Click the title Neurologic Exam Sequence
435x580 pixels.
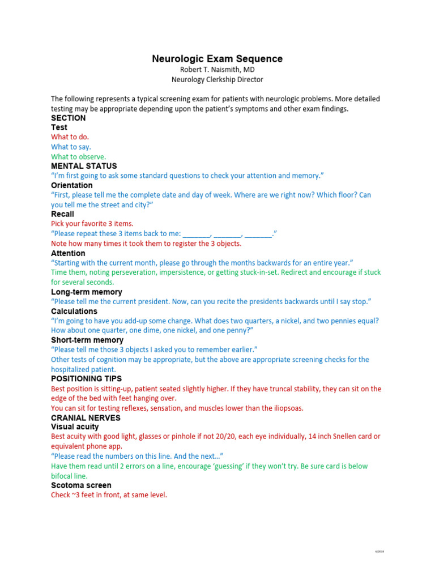click(x=217, y=59)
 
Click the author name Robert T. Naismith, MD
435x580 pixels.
click(x=217, y=70)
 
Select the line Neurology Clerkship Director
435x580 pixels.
click(x=217, y=80)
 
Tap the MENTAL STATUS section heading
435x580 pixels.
click(x=84, y=166)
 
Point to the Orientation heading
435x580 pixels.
click(x=71, y=185)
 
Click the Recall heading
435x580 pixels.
click(x=62, y=214)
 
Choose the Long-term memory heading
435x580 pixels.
click(x=86, y=292)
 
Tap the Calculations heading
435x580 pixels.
click(x=74, y=311)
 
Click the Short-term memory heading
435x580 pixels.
click(x=87, y=340)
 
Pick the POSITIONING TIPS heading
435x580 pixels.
click(x=86, y=378)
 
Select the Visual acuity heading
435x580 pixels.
click(x=75, y=427)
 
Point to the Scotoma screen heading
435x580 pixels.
click(x=81, y=485)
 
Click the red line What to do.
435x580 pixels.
click(x=70, y=137)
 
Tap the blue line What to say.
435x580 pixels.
click(x=71, y=147)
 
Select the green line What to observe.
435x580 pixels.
click(x=78, y=157)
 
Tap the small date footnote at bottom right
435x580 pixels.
click(x=379, y=551)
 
